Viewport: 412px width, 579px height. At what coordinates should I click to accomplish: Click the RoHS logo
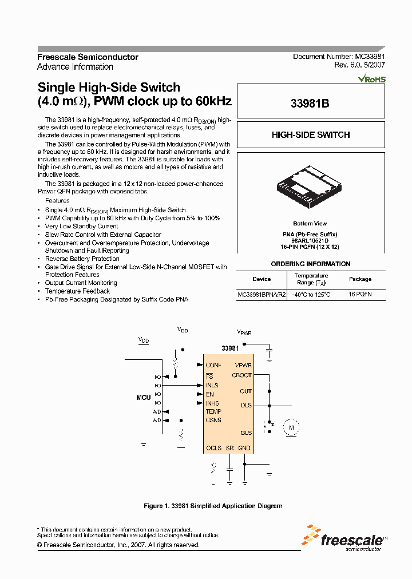(372, 79)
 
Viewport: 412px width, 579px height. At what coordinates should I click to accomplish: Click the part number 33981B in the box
(311, 104)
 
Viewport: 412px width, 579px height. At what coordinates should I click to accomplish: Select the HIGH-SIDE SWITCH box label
(311, 135)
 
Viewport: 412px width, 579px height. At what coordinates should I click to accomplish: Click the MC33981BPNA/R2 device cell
(262, 295)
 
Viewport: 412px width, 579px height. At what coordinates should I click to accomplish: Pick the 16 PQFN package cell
(360, 295)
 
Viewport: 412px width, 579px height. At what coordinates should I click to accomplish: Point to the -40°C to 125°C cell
(311, 295)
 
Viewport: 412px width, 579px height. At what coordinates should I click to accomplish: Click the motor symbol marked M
(290, 426)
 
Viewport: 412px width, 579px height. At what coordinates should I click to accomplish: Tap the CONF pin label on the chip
(213, 365)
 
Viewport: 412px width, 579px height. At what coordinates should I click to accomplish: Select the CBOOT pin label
(241, 375)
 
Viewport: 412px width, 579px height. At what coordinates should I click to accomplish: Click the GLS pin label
(246, 433)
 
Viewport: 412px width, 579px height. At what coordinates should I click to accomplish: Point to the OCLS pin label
(213, 448)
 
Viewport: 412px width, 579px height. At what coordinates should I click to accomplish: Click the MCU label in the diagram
(143, 397)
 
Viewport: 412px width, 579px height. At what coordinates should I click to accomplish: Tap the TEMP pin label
(213, 411)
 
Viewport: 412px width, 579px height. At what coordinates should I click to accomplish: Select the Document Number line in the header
(339, 57)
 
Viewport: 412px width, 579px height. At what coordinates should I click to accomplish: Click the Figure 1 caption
(212, 506)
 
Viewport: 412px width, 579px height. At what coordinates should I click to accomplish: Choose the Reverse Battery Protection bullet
(82, 259)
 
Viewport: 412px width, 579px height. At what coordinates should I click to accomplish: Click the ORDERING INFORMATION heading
(310, 264)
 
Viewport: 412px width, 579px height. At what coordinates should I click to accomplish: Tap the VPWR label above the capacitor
(244, 332)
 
